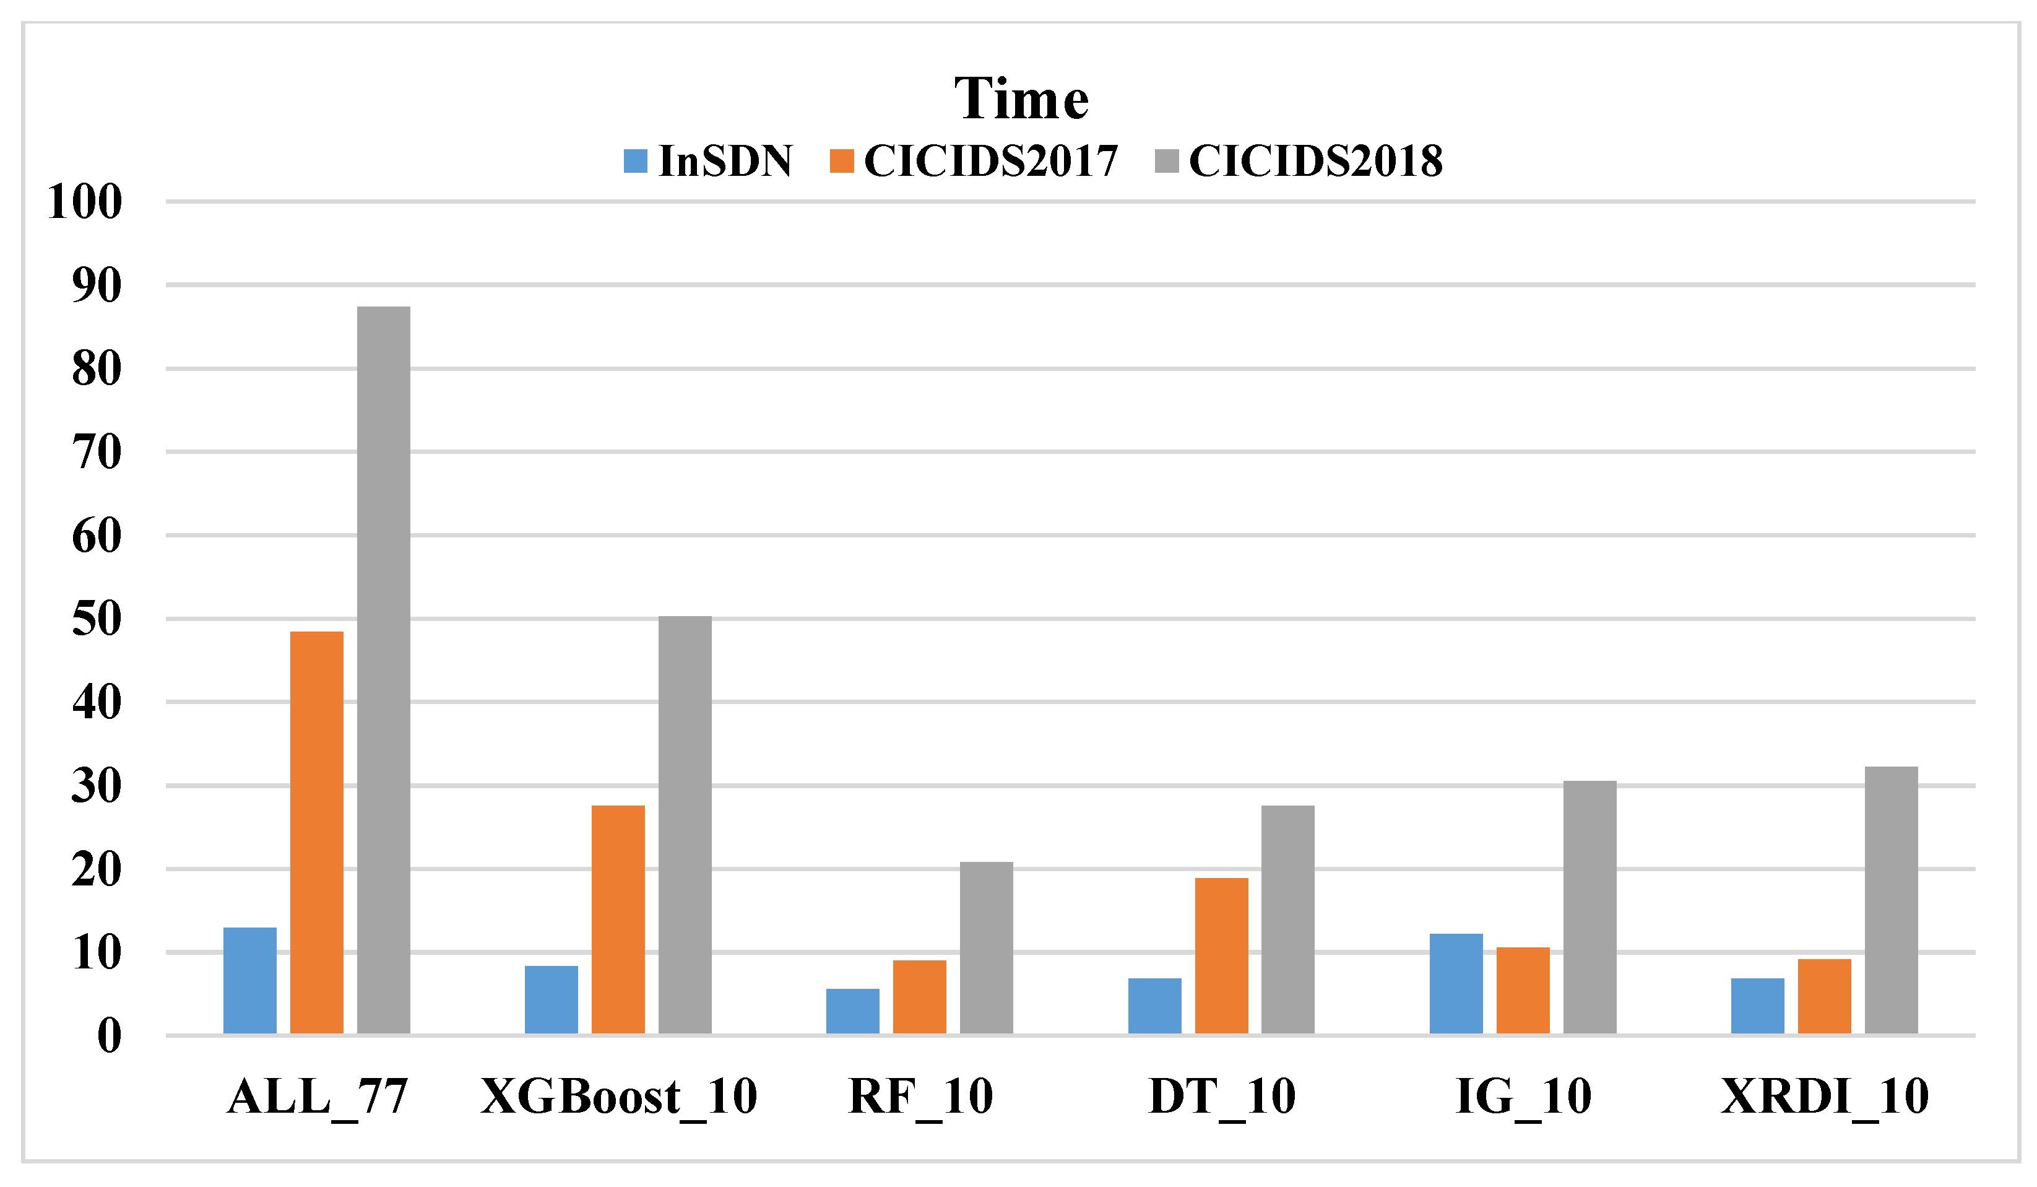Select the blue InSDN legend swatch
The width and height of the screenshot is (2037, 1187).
coord(635,161)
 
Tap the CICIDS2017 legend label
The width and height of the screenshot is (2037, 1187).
coord(990,161)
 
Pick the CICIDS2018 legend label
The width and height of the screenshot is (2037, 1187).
coord(1315,161)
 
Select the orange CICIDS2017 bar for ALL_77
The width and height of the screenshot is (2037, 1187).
coord(317,832)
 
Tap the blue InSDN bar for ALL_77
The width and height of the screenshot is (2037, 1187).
coord(250,980)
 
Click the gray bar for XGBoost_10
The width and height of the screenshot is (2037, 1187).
coord(685,825)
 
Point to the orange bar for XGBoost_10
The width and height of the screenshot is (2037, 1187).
coord(618,920)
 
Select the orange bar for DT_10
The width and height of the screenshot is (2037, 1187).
coord(1221,956)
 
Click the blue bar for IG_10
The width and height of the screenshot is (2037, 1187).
coord(1456,983)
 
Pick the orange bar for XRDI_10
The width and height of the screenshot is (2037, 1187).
coord(1825,996)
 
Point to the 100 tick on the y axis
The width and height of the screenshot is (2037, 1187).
coord(85,201)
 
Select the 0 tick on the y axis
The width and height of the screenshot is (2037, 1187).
coord(109,1036)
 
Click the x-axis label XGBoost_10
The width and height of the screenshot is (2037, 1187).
coord(618,1097)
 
